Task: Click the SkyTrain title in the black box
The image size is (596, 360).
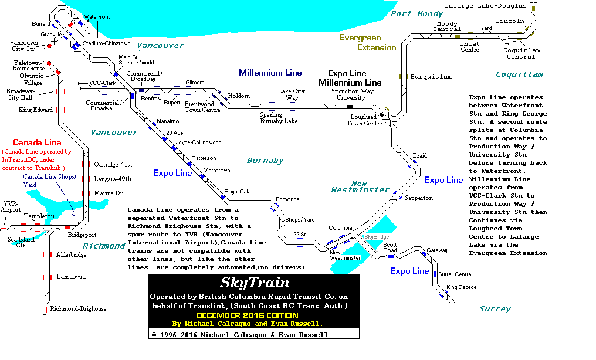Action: click(255, 283)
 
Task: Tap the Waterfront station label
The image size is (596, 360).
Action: click(97, 17)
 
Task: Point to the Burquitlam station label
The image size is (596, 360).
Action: click(431, 77)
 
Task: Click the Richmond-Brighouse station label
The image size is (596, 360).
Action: click(78, 309)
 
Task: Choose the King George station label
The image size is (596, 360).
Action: click(461, 287)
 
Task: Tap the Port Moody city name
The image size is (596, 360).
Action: click(417, 14)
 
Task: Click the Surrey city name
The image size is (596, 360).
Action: click(495, 309)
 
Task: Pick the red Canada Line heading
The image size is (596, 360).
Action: click(37, 142)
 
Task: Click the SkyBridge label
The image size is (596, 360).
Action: click(376, 236)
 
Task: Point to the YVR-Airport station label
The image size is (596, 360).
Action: click(11, 206)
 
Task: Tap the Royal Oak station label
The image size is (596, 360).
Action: click(236, 192)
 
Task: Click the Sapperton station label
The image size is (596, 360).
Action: click(419, 198)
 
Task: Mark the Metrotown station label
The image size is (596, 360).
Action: click(216, 171)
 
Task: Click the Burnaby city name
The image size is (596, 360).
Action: click(265, 161)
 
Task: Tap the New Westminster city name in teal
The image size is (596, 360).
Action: click(360, 186)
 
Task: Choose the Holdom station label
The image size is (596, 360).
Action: click(239, 96)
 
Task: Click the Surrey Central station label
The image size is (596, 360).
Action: click(456, 274)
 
